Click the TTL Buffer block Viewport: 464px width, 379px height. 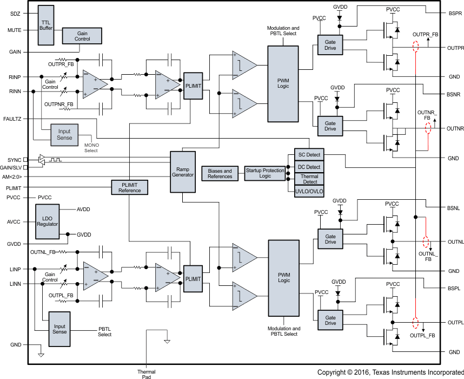[x=46, y=25]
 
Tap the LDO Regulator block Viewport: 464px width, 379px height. [x=48, y=221]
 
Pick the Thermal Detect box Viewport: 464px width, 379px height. [x=310, y=179]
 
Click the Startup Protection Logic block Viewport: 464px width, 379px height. [x=265, y=173]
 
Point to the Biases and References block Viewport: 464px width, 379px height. [x=220, y=173]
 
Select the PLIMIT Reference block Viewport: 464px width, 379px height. [x=129, y=187]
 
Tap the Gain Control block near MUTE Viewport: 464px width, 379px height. [x=82, y=36]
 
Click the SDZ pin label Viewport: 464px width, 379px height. [x=15, y=13]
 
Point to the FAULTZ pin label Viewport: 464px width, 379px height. [x=12, y=118]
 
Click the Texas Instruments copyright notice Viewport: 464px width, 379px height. [x=390, y=373]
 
